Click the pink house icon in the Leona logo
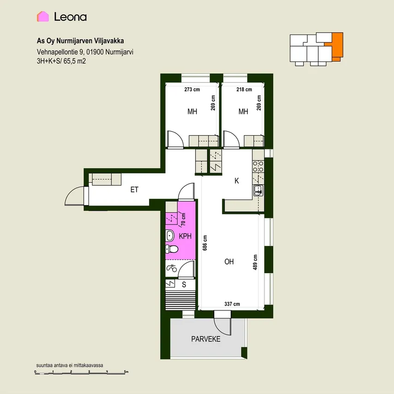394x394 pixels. [43, 17]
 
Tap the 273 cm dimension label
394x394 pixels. [192, 90]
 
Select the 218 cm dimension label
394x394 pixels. [244, 90]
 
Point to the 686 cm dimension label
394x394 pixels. [205, 243]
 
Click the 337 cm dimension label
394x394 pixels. [232, 304]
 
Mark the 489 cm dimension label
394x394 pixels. [255, 263]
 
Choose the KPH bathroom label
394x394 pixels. [185, 236]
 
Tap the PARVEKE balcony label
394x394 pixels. [206, 339]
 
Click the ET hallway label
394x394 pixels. [134, 190]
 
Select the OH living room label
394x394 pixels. [229, 262]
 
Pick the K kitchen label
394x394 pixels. [237, 181]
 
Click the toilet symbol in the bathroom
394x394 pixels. [172, 249]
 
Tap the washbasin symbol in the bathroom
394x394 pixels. [170, 236]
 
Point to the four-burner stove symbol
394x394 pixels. [258, 167]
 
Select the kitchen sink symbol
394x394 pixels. [258, 191]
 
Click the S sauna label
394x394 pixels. [184, 285]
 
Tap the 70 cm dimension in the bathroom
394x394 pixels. [184, 219]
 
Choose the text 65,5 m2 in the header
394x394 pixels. [75, 61]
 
